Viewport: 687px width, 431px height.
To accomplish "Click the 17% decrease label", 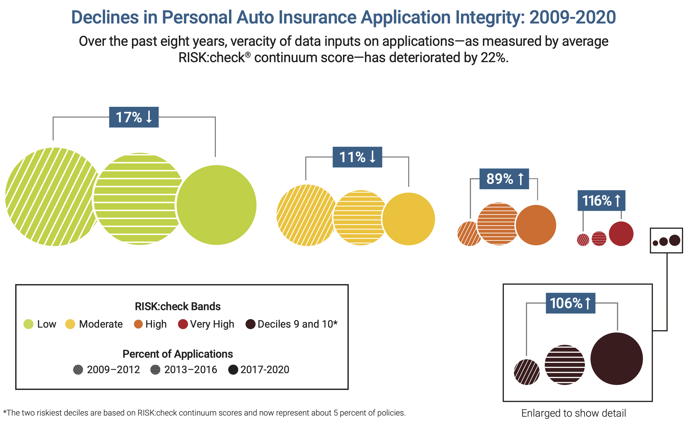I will (x=134, y=117).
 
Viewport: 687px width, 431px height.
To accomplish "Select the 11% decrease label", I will (x=357, y=157).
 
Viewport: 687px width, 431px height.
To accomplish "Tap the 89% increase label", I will (x=504, y=179).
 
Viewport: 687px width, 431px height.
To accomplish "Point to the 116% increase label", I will (x=601, y=200).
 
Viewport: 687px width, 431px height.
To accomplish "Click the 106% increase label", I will (x=570, y=303).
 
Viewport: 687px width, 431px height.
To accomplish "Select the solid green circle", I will (x=216, y=205).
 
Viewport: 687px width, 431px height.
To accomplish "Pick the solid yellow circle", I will (x=409, y=219).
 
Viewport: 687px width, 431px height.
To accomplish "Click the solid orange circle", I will (x=536, y=225).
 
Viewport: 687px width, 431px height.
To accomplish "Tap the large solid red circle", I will (x=621, y=234).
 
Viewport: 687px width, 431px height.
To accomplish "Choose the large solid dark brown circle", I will (x=617, y=359).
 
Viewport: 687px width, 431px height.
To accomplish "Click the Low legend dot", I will (x=28, y=324).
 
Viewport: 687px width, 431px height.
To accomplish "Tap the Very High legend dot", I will (x=183, y=324).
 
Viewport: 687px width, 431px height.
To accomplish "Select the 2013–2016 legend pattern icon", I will (x=155, y=370).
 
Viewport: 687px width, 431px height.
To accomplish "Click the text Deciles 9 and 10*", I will (x=297, y=324).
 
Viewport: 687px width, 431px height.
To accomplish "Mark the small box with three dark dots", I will (x=666, y=241).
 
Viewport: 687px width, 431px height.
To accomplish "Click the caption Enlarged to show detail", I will (x=573, y=413).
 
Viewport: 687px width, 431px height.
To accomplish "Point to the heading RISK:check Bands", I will (x=177, y=306).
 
